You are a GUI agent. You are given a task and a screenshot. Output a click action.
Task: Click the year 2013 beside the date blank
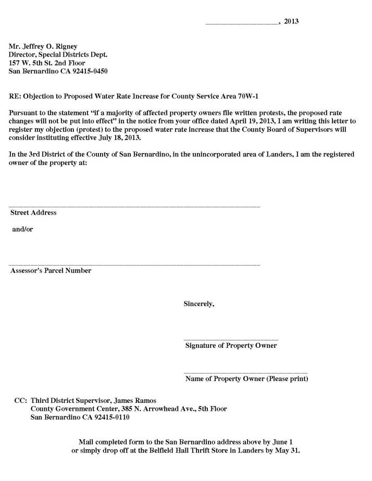coord(291,21)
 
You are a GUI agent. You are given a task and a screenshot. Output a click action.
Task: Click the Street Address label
coord(33,212)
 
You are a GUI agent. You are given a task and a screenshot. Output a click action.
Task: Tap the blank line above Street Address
coord(134,207)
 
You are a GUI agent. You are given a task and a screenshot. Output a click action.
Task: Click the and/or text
coord(22,229)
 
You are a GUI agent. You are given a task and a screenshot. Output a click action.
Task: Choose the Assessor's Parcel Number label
coord(51,270)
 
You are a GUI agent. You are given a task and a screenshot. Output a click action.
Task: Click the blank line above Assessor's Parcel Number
coord(134,264)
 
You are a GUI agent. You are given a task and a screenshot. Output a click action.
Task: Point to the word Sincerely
coord(199,303)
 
